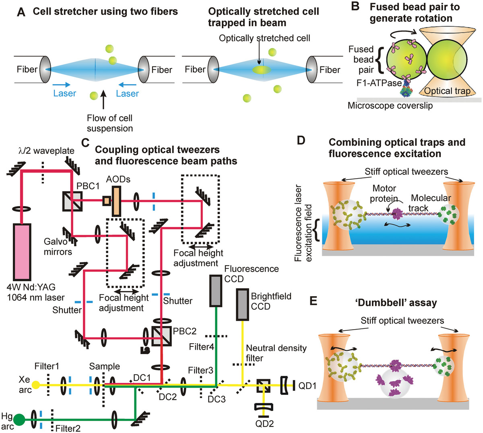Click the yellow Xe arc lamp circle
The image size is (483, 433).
tap(35, 385)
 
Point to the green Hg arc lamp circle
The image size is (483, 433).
tap(19, 420)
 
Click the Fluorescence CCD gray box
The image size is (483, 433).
tap(216, 290)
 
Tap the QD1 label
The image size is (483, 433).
tap(307, 386)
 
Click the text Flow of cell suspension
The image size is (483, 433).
tap(109, 123)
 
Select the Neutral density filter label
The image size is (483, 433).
tap(276, 353)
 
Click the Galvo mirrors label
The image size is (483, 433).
tap(58, 247)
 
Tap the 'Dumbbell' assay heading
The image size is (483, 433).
tap(396, 303)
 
